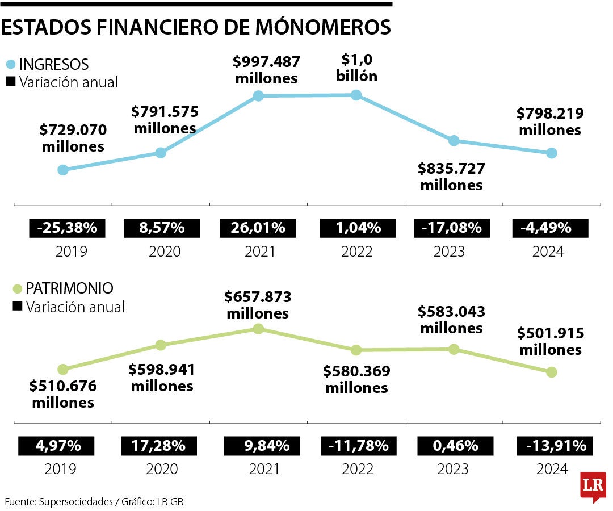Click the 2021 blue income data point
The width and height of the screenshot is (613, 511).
click(258, 96)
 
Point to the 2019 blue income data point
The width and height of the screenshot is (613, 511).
click(63, 170)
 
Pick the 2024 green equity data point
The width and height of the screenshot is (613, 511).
click(551, 372)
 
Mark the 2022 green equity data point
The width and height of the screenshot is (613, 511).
click(356, 350)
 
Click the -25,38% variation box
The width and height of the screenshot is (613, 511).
click(68, 228)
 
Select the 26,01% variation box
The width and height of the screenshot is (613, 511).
click(258, 228)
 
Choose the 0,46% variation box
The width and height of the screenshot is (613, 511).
click(456, 446)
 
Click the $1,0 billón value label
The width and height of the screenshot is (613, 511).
click(356, 68)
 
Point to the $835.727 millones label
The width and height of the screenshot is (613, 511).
click(451, 177)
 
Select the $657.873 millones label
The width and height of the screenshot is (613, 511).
click(258, 305)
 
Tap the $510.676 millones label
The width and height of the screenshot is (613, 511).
click(63, 394)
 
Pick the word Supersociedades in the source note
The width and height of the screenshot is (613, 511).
click(75, 501)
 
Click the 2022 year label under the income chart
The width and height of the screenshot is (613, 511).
click(357, 252)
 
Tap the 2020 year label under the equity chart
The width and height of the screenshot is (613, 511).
click(162, 469)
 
